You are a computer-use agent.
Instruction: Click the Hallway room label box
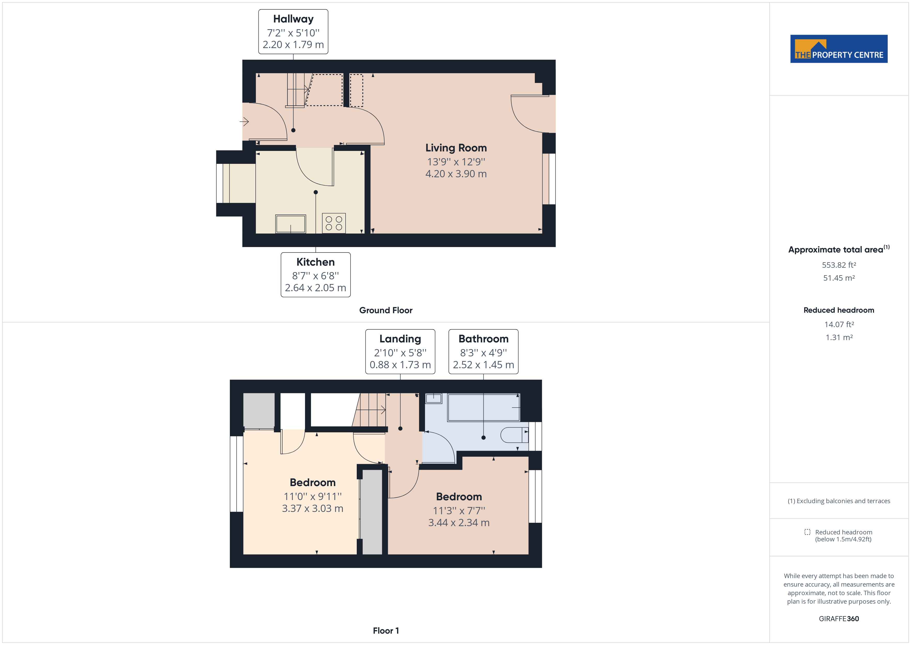[293, 32]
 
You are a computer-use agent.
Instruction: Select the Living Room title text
[456, 148]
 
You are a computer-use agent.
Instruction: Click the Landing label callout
[400, 351]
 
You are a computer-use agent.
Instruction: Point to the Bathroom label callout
[483, 351]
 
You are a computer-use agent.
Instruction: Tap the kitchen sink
[291, 224]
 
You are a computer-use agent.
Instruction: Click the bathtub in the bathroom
[483, 407]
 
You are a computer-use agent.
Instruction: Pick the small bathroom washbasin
[433, 398]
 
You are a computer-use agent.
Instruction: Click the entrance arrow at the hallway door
[244, 121]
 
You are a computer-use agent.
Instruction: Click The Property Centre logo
[839, 49]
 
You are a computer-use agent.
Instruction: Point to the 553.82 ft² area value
[839, 265]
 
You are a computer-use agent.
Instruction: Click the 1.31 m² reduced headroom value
[839, 337]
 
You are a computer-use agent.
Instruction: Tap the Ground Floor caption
[386, 310]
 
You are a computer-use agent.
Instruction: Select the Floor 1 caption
[386, 631]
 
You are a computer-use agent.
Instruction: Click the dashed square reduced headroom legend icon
[807, 532]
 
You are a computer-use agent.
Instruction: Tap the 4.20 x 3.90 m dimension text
[456, 174]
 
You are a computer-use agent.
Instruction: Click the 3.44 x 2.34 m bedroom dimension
[459, 523]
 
